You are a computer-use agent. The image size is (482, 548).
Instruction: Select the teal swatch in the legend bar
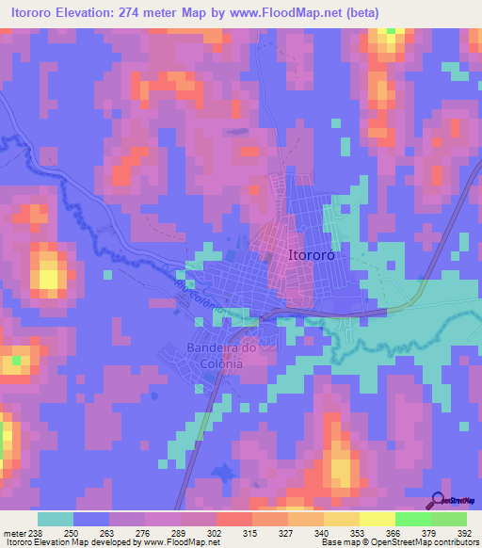click(56, 519)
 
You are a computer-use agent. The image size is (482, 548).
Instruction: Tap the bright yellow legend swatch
click(377, 519)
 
